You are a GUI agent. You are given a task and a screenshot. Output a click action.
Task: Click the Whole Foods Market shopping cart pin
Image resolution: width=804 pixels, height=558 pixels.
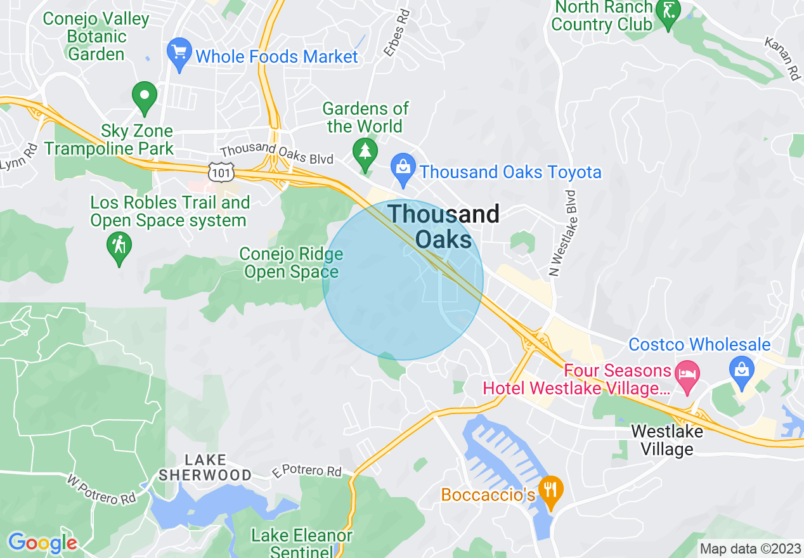click(x=179, y=53)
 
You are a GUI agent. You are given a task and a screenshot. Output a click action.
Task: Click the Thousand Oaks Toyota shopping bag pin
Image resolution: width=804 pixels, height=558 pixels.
click(x=403, y=167)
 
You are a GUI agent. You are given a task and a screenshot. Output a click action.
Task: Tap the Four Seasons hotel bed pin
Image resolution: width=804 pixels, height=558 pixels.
click(x=687, y=372)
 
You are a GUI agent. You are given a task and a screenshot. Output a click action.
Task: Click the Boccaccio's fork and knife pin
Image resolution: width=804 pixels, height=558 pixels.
click(x=549, y=490)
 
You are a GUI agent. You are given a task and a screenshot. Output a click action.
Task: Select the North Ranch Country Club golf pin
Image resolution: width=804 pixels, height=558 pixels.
click(x=668, y=11)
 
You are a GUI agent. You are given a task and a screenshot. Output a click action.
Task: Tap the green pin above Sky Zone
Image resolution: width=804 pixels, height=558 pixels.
click(x=145, y=96)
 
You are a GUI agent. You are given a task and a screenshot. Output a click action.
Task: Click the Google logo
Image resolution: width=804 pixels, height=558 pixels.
click(x=42, y=543)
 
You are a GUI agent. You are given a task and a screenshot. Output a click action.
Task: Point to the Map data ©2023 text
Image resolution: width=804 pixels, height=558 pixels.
click(x=748, y=548)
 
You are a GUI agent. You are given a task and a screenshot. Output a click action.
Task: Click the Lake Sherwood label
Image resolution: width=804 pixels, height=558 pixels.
click(x=205, y=467)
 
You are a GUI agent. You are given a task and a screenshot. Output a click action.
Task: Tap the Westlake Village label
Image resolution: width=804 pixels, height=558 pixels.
click(x=666, y=441)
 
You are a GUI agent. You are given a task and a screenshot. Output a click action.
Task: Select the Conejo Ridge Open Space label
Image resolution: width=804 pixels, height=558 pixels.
click(x=291, y=263)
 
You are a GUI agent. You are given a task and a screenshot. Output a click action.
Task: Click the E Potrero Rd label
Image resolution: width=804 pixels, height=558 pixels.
click(x=307, y=471)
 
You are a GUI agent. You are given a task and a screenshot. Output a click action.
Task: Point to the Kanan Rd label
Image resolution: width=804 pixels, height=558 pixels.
click(x=782, y=59)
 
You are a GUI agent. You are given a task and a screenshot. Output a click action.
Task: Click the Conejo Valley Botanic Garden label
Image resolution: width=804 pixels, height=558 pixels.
click(x=96, y=36)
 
